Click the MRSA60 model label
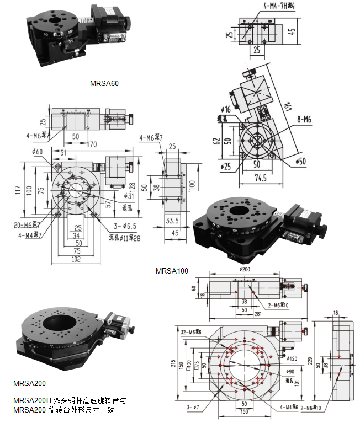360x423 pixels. point(104,84)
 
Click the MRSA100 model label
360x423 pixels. point(172,271)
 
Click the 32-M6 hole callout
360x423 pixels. point(190,331)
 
